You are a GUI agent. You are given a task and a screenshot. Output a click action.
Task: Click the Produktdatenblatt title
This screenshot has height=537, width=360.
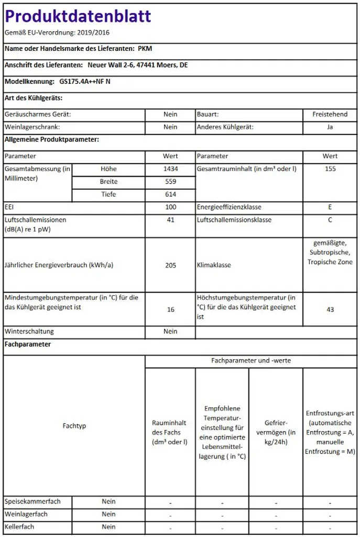click(78, 16)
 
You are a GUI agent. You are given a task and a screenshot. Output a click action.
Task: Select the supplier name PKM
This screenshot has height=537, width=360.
click(145, 48)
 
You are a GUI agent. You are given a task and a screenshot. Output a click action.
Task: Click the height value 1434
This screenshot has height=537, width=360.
click(170, 169)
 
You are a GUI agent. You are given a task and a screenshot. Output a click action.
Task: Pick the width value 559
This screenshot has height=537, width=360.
click(170, 181)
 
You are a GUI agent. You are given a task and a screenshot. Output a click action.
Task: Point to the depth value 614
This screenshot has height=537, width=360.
click(170, 195)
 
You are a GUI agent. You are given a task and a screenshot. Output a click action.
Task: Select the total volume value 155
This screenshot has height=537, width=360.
click(330, 169)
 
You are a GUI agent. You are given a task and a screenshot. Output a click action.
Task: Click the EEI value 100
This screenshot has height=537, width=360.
click(170, 207)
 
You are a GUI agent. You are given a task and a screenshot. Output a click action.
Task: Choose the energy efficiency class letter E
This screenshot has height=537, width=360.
click(330, 207)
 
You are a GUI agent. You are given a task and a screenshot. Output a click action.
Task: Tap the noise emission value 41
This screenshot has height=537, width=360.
click(170, 220)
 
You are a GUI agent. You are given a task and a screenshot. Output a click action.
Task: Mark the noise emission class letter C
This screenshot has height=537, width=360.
click(330, 220)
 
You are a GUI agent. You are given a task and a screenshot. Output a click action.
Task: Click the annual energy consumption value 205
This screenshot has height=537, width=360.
click(170, 265)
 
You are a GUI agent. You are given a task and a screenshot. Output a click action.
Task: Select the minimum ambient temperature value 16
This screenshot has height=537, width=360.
click(170, 309)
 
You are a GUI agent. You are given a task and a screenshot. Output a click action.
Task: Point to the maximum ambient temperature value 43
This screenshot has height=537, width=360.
click(330, 309)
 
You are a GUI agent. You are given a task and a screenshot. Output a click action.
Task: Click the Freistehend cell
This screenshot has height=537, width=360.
click(330, 114)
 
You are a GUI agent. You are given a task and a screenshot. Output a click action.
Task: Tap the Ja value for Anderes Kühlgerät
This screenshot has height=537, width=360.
click(330, 127)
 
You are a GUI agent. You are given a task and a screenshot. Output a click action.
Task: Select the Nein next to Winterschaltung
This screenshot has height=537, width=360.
click(170, 331)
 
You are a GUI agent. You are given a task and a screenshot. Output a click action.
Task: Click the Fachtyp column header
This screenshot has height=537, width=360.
click(74, 426)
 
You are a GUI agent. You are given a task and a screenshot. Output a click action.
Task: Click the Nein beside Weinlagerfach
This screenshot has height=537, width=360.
click(108, 514)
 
